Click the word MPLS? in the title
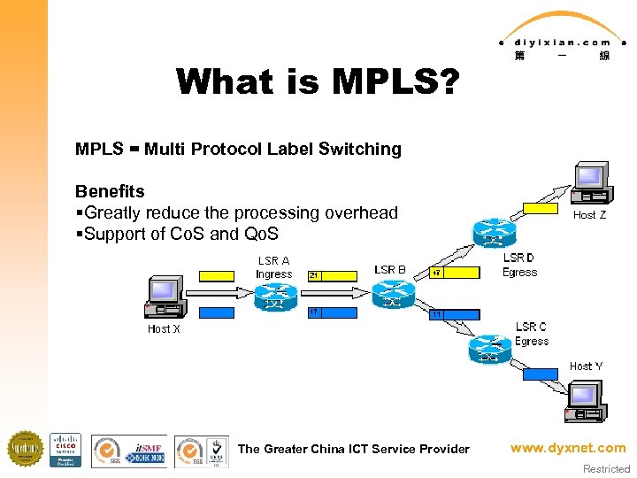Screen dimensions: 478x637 pos(395,82)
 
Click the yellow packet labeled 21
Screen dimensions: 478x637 pos(332,276)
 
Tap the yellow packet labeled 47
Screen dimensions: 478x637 pos(453,272)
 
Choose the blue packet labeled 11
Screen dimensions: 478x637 pos(454,314)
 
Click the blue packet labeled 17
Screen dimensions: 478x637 pos(332,312)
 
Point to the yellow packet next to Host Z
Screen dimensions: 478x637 pos(540,209)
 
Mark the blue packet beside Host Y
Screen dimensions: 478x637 pos(541,374)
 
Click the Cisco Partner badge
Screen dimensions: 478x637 pos(65,450)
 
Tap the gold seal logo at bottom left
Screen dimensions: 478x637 pos(25,449)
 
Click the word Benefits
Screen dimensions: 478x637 pos(110,191)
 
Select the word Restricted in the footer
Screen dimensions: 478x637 pos(606,469)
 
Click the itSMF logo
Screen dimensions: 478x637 pos(146,451)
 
